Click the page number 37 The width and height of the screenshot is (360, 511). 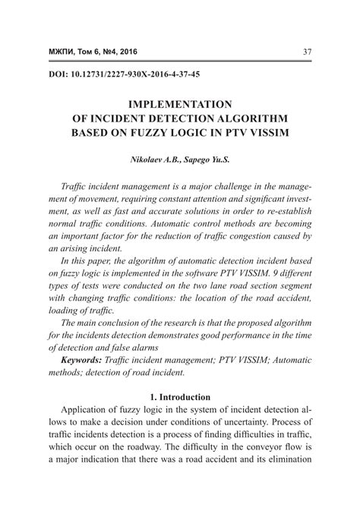click(x=307, y=52)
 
